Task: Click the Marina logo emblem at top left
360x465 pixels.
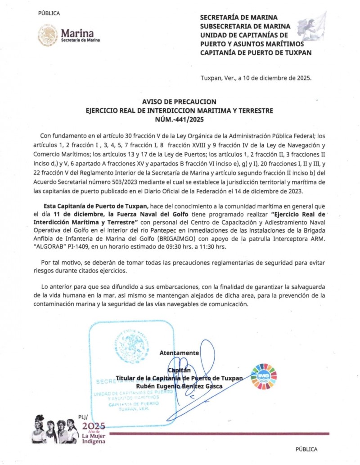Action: pyautogui.click(x=48, y=35)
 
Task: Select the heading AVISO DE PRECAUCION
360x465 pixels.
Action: pyautogui.click(x=179, y=102)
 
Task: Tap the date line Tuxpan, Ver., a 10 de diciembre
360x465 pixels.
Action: pyautogui.click(x=255, y=78)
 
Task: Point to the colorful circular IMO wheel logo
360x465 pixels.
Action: pyautogui.click(x=264, y=376)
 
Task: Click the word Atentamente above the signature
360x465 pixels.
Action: pyautogui.click(x=179, y=353)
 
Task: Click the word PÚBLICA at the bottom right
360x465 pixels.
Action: pyautogui.click(x=306, y=449)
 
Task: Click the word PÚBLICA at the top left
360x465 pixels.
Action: pyautogui.click(x=49, y=13)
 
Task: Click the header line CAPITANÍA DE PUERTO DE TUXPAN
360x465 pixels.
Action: pyautogui.click(x=256, y=53)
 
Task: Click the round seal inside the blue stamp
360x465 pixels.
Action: pyautogui.click(x=131, y=347)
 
